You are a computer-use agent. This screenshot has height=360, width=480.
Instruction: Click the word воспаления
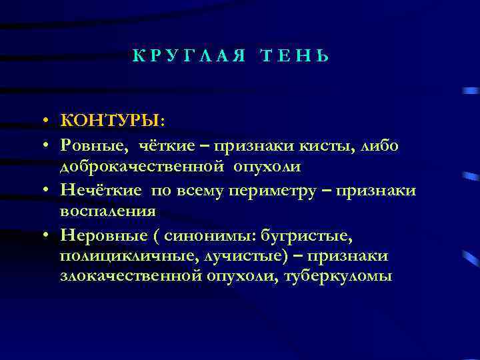108,211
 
